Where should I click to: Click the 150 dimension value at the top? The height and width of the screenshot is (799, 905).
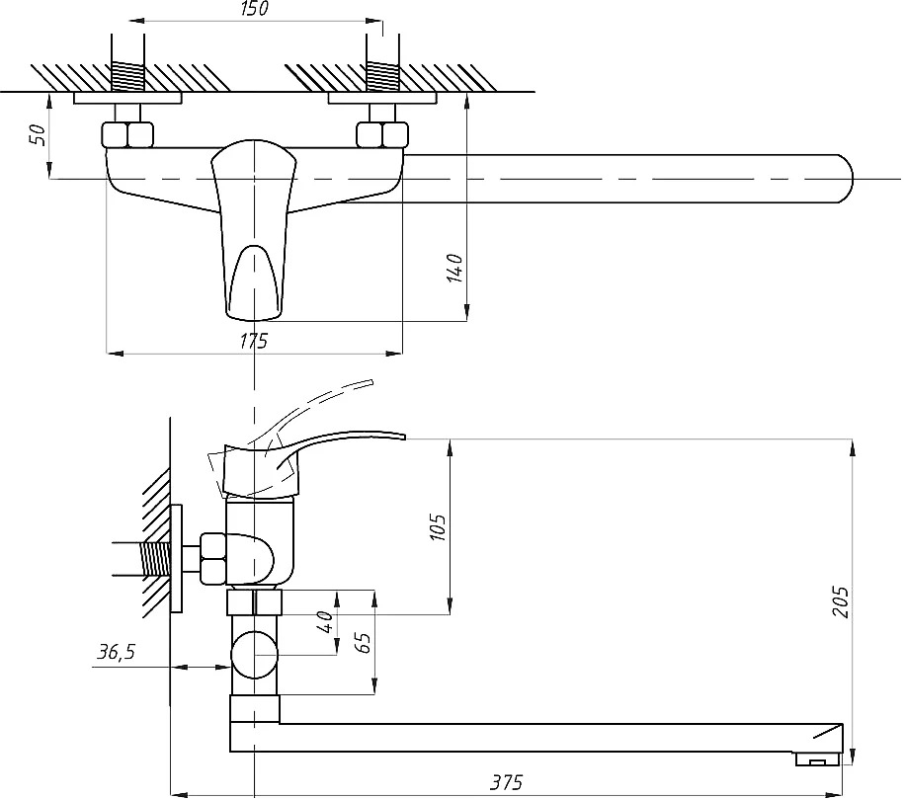tap(255, 9)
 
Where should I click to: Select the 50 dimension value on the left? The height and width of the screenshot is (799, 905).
tap(38, 134)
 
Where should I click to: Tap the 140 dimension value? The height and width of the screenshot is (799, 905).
tap(454, 268)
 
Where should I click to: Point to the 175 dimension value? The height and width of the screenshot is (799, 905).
tap(254, 342)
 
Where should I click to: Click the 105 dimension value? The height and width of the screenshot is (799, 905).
tap(438, 527)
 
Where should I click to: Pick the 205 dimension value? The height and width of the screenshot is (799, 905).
tap(841, 602)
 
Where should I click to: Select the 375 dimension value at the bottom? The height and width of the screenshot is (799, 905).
tap(506, 782)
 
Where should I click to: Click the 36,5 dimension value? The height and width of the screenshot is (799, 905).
tap(116, 652)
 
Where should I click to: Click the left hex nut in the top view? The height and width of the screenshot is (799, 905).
tap(127, 134)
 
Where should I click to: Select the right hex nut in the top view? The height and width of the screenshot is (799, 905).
tap(382, 134)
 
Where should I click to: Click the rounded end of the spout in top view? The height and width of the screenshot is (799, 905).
tap(846, 179)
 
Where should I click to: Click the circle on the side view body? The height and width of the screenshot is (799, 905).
tap(254, 655)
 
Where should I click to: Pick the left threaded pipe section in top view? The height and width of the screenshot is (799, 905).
tap(127, 76)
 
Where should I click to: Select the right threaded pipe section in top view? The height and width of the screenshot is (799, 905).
tap(382, 76)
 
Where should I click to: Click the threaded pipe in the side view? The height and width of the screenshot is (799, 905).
tap(154, 559)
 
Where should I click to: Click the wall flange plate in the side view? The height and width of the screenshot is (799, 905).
tap(177, 559)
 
